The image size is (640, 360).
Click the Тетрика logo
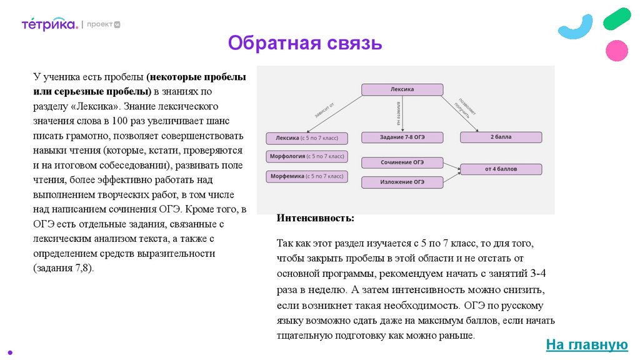click(x=49, y=24)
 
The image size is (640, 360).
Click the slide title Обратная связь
click(x=304, y=43)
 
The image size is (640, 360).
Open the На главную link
click(x=586, y=344)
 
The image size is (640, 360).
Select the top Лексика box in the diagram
click(x=402, y=89)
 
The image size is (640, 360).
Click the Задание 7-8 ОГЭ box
click(x=402, y=137)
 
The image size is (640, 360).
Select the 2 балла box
click(x=501, y=137)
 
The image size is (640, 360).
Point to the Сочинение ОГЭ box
click(x=402, y=162)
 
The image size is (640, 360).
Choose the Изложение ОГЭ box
click(x=402, y=182)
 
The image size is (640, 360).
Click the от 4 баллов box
click(x=501, y=169)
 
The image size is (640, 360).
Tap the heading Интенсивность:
click(x=315, y=218)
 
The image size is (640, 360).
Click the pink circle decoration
click(x=617, y=50)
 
